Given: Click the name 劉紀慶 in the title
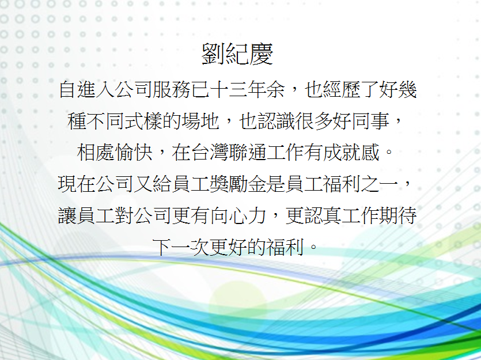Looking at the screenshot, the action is tap(237, 54).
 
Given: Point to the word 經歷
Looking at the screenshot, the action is tap(341, 89).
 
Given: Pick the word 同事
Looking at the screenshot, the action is tap(370, 121).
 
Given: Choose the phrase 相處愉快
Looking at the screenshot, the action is tap(115, 153).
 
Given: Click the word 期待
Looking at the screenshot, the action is tap(398, 215).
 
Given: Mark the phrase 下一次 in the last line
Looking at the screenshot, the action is tap(181, 247).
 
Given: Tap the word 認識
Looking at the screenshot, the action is tap(275, 121).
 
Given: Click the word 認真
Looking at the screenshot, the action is tap(323, 215).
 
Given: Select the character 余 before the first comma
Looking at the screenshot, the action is tap(275, 89).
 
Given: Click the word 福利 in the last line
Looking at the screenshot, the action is tap(285, 247).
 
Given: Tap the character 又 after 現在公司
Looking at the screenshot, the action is tap(143, 184).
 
